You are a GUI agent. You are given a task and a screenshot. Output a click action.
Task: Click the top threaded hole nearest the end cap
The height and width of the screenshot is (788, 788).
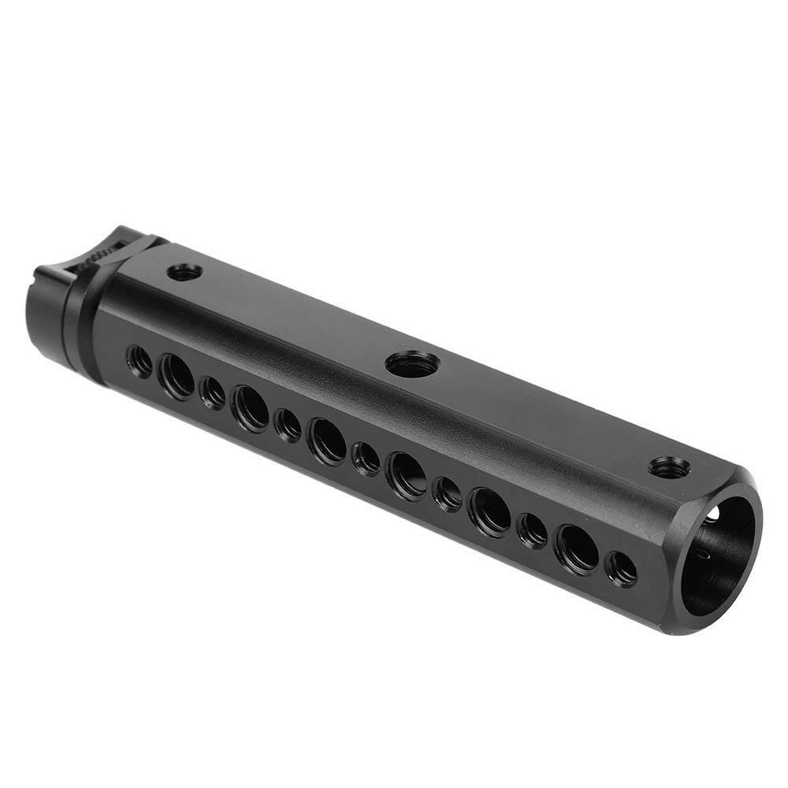[x=185, y=272]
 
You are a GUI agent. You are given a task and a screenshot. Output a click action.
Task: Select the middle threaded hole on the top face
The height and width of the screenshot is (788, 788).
[x=413, y=363]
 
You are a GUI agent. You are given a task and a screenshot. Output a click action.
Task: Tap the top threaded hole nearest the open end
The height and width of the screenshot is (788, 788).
[x=669, y=467]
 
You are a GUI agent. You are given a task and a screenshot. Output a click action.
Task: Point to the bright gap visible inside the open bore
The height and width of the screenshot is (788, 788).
[x=712, y=515]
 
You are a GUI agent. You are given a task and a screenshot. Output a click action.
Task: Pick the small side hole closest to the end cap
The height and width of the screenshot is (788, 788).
[x=139, y=360]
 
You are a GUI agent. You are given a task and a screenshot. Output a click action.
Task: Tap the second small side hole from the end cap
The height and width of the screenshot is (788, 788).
[x=212, y=392]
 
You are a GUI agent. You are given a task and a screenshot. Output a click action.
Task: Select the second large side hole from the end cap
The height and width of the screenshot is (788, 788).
[x=250, y=407]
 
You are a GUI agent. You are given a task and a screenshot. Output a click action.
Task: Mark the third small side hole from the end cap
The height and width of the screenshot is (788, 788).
[x=288, y=425]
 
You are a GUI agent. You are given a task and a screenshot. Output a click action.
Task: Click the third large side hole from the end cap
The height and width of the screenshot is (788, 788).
[x=326, y=440]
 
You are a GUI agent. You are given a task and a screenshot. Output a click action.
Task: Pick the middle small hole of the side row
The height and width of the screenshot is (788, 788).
[x=365, y=458]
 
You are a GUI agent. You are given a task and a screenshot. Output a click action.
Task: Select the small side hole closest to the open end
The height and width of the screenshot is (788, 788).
[x=622, y=568]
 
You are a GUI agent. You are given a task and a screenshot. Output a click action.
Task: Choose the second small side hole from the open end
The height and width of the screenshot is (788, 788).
[x=532, y=530]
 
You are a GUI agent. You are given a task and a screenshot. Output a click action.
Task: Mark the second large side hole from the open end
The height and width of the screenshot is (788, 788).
[x=489, y=511]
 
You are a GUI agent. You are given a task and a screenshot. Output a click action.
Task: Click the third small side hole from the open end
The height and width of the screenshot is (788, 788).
[x=448, y=493]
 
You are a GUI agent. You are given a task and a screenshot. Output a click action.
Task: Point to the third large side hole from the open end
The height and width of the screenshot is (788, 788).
[x=407, y=475]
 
